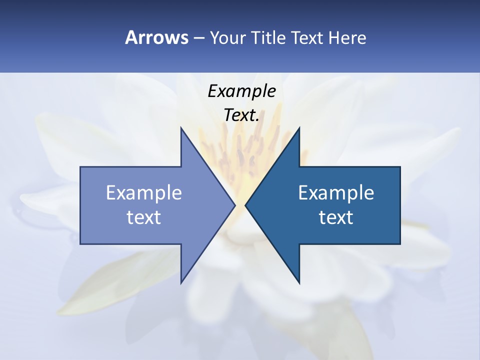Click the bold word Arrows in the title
pos(156,37)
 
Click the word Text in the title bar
pos(307,38)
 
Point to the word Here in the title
pos(347,38)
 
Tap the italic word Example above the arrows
pos(241,91)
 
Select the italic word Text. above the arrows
pos(240,115)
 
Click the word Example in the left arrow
pos(144,193)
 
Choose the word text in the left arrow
pos(144,217)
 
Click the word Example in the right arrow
pos(336,193)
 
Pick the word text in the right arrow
pos(336,217)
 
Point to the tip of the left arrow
pos(235,205)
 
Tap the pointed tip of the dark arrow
pos(245,205)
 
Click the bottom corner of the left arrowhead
pos(181,282)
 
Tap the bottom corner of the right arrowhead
pos(299,283)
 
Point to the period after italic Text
pos(257,120)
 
